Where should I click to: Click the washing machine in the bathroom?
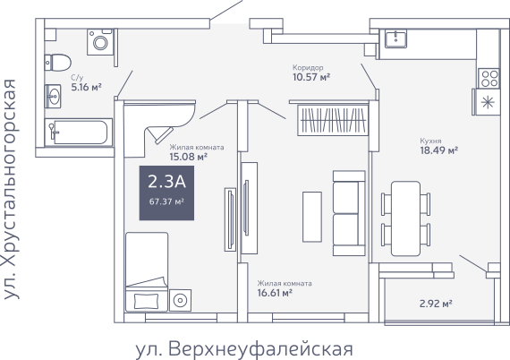pos(100,42)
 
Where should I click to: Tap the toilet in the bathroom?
pos(58,63)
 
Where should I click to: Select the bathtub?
pos(79,133)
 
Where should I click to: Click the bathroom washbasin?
pos(53,97)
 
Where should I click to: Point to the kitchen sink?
pos(395,39)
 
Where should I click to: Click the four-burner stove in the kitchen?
pos(489,79)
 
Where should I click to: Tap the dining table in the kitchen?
pos(405,219)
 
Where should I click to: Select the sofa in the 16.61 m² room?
pos(349,213)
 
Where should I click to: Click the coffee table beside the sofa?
pos(312,217)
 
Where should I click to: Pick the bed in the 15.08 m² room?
pos(147,271)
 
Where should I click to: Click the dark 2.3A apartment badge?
pos(166,193)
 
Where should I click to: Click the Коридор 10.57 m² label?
pos(311,73)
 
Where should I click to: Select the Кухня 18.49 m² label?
pos(439,146)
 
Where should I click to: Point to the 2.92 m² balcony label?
pos(436,304)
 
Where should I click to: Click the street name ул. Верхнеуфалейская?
pos(244,349)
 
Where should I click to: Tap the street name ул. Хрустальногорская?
pos(10,189)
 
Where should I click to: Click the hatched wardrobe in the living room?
pos(333,120)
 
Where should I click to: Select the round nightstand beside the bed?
pos(180,300)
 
